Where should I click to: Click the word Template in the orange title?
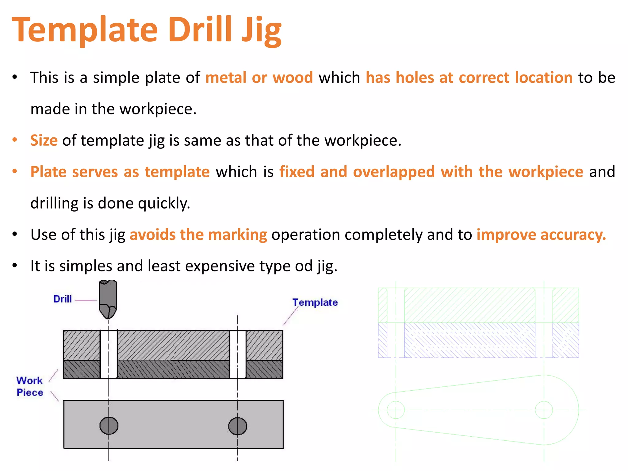85,30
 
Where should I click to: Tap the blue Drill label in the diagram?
62,299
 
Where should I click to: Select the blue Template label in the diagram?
315,303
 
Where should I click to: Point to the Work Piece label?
30,387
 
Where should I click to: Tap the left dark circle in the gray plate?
109,426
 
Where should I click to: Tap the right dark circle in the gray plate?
238,426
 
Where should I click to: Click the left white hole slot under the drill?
109,354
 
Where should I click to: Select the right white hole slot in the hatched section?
238,354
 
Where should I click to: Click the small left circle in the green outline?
396,410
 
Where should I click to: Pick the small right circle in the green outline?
544,410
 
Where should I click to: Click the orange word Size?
44,140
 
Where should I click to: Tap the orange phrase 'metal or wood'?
259,78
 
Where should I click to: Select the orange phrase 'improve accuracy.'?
541,235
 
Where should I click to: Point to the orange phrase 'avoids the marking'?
198,235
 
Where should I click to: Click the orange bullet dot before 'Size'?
14,140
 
